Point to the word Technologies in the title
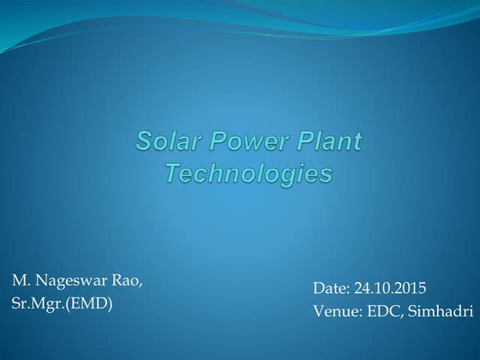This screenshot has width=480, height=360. [x=248, y=173]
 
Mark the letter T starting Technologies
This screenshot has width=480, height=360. [x=171, y=173]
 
